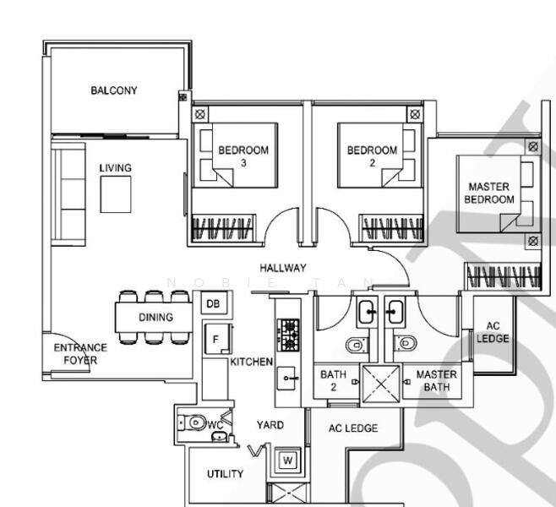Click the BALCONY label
[x=114, y=90]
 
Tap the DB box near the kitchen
[x=214, y=303]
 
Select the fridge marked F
[x=217, y=339]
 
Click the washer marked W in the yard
[x=288, y=461]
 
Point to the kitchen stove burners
[x=288, y=335]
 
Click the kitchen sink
[x=286, y=378]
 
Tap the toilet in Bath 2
[x=357, y=345]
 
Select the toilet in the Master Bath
[x=406, y=343]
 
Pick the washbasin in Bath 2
[x=366, y=312]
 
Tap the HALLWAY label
[x=283, y=268]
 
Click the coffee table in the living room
[x=116, y=194]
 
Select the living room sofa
[x=68, y=194]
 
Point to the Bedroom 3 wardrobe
[x=223, y=228]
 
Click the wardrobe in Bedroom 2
[x=391, y=228]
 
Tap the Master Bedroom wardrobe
[x=503, y=275]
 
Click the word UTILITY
[x=225, y=474]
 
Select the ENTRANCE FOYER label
[x=80, y=354]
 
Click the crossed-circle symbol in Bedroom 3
[x=200, y=115]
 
